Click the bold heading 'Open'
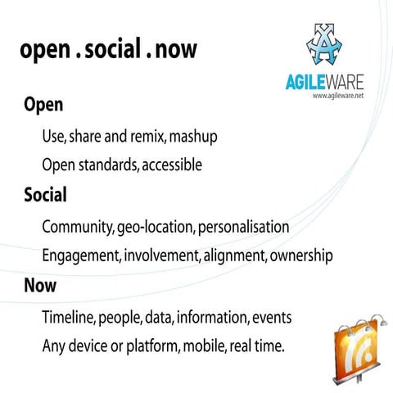(x=43, y=106)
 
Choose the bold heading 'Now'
(x=42, y=287)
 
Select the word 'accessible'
(x=172, y=165)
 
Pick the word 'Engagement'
(x=82, y=255)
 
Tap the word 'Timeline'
(x=70, y=316)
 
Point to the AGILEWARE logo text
(x=319, y=83)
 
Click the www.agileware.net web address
(x=338, y=96)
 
